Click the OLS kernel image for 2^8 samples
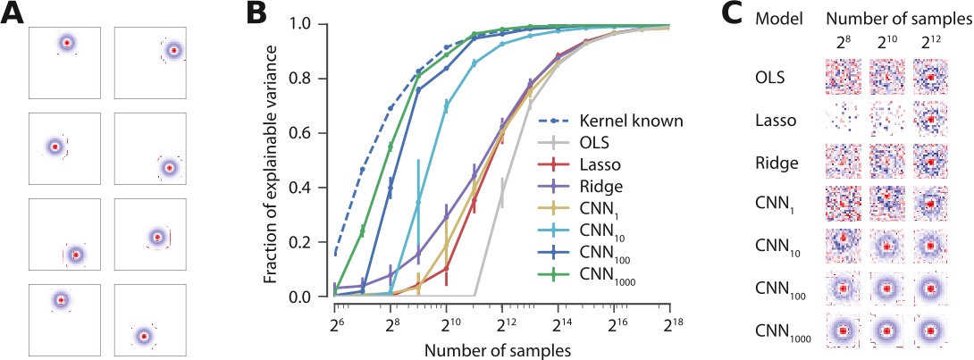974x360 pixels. point(842,78)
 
